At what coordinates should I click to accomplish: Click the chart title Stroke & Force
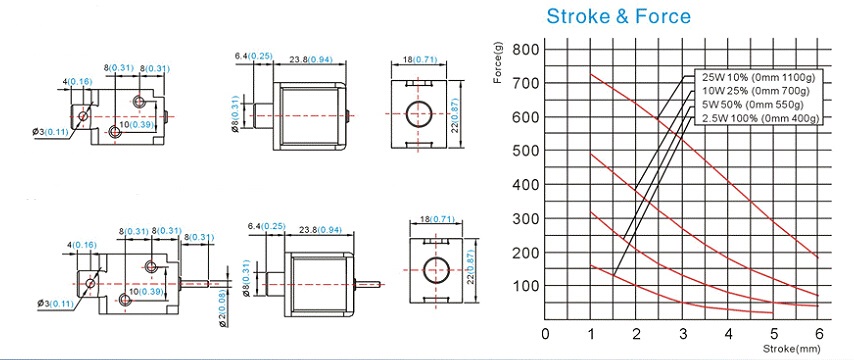point(618,16)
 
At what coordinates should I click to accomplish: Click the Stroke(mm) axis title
point(791,348)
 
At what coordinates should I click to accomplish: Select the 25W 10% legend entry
point(759,77)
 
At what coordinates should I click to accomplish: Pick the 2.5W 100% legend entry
point(759,118)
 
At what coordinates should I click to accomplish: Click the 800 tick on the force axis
point(526,50)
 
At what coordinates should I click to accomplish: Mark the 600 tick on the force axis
point(526,117)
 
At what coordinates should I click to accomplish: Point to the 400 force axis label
point(526,185)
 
